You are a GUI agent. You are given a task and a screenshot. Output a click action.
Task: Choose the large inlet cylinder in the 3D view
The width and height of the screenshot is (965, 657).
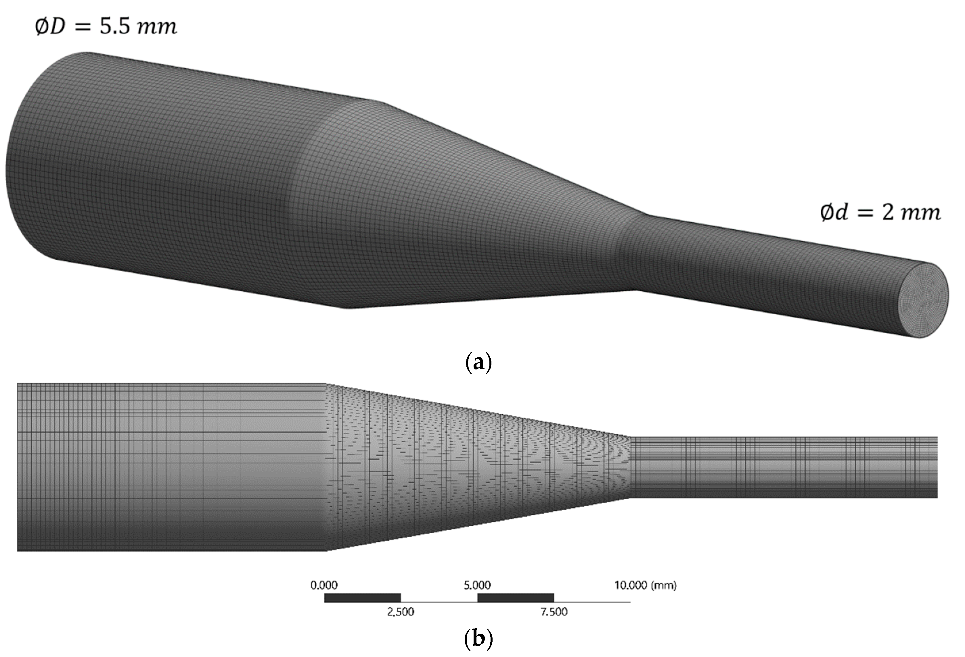pyautogui.click(x=166, y=166)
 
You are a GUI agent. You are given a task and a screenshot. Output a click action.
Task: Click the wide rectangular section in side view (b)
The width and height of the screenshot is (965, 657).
pyautogui.click(x=170, y=467)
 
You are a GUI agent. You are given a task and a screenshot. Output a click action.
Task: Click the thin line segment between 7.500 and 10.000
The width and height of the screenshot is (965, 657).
pyautogui.click(x=592, y=602)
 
